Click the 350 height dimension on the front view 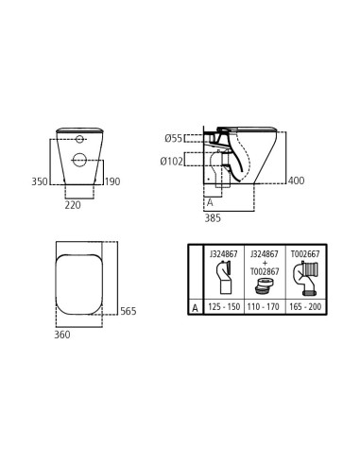point(40,181)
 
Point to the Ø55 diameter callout point(172,138)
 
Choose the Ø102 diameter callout point(171,161)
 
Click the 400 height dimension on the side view point(297,181)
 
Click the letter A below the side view point(209,202)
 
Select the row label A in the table point(195,307)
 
